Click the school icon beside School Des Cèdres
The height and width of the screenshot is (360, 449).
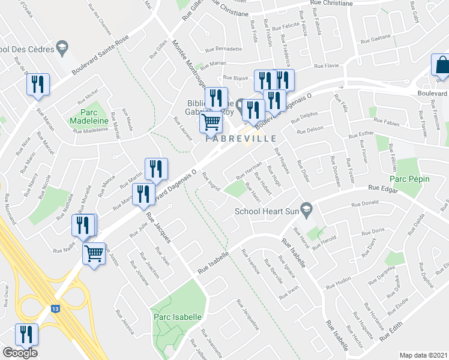(x=61, y=47)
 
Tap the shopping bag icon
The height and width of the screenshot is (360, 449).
(x=441, y=65)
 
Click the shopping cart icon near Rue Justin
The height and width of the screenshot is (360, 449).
(x=94, y=253)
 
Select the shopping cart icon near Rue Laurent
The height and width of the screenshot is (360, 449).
(x=211, y=122)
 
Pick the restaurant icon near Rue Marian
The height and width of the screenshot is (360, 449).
(x=37, y=85)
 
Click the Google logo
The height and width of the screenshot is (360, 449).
(x=20, y=353)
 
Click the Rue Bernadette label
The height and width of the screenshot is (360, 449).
(x=223, y=49)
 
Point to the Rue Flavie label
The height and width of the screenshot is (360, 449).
(x=327, y=65)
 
